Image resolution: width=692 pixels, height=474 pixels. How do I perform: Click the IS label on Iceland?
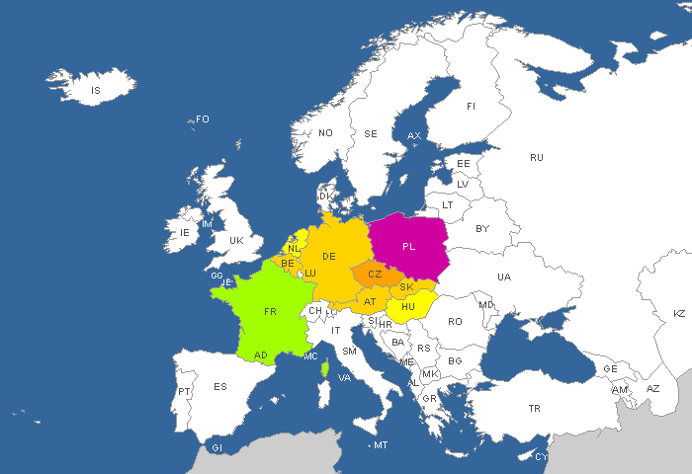(x=96, y=91)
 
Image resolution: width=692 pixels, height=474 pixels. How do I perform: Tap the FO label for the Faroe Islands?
(x=203, y=119)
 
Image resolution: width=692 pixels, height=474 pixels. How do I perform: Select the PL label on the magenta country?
(x=409, y=246)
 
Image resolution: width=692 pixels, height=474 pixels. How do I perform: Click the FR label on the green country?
(x=270, y=311)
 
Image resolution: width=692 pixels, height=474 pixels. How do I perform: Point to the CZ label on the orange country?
(x=375, y=275)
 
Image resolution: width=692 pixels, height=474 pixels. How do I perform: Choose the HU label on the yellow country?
(x=407, y=307)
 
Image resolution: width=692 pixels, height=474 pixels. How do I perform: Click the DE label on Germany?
(x=329, y=257)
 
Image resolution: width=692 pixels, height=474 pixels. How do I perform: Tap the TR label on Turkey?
(x=535, y=408)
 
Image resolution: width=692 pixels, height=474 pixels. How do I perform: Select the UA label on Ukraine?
(x=504, y=277)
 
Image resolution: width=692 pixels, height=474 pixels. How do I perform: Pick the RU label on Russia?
(x=537, y=158)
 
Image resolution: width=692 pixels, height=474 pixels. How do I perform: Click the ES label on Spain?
(x=220, y=386)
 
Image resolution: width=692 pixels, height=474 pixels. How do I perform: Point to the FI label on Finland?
(x=471, y=107)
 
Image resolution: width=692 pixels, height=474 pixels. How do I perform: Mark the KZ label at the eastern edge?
(x=679, y=313)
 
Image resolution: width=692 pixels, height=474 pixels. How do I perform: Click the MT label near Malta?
(x=381, y=445)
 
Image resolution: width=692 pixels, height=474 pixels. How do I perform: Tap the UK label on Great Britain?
(x=236, y=240)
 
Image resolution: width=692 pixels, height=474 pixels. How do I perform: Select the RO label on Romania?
(x=455, y=321)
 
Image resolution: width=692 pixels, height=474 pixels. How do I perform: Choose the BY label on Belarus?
(x=482, y=229)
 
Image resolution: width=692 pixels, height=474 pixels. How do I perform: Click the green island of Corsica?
(x=325, y=367)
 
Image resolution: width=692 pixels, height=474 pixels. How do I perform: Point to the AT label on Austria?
(x=370, y=302)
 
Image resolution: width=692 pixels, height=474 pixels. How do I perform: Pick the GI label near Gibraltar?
(x=217, y=448)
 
